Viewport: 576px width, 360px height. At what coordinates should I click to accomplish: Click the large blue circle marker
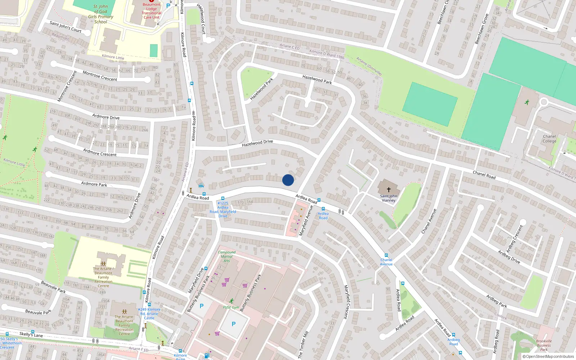pyautogui.click(x=288, y=180)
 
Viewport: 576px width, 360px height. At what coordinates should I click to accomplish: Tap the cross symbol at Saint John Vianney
pyautogui.click(x=389, y=189)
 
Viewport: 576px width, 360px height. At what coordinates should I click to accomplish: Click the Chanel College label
pyautogui.click(x=549, y=139)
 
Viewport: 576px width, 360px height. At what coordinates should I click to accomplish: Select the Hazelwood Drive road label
pyautogui.click(x=257, y=143)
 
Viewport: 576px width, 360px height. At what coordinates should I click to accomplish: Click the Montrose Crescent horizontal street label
pyautogui.click(x=100, y=76)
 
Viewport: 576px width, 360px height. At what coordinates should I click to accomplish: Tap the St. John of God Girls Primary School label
pyautogui.click(x=101, y=14)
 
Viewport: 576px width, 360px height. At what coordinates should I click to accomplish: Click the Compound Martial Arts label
pyautogui.click(x=226, y=256)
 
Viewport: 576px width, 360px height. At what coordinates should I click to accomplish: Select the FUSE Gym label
pyautogui.click(x=231, y=307)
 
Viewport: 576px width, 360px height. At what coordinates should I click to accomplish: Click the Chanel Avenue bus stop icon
pyautogui.click(x=386, y=255)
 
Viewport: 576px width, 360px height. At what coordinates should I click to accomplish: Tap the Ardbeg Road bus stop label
pyautogui.click(x=454, y=342)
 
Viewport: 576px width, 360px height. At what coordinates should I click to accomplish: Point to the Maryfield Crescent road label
pyautogui.click(x=347, y=302)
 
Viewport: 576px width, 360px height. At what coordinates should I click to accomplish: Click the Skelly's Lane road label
pyautogui.click(x=31, y=334)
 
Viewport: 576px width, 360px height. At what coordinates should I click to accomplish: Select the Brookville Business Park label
pyautogui.click(x=544, y=345)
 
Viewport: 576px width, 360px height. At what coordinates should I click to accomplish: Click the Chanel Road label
pyautogui.click(x=484, y=175)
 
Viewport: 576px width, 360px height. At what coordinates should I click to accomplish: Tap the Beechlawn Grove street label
pyautogui.click(x=482, y=29)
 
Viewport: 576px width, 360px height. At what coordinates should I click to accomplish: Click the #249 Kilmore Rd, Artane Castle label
pyautogui.click(x=149, y=314)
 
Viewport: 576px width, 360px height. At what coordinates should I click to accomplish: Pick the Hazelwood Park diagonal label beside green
pyautogui.click(x=261, y=89)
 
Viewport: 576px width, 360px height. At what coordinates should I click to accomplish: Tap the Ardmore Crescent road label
pyautogui.click(x=100, y=152)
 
